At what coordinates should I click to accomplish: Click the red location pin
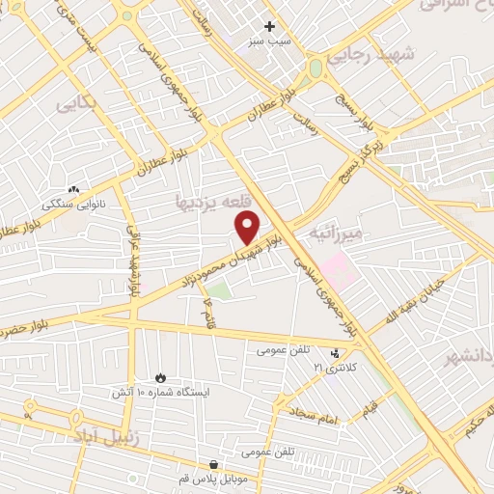tap(248, 228)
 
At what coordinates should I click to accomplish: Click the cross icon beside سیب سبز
tap(270, 26)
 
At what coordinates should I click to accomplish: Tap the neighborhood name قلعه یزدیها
tap(213, 201)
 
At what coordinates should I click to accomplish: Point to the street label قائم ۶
tap(207, 314)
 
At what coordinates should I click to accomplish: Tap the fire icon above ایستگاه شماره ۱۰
tap(161, 377)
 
